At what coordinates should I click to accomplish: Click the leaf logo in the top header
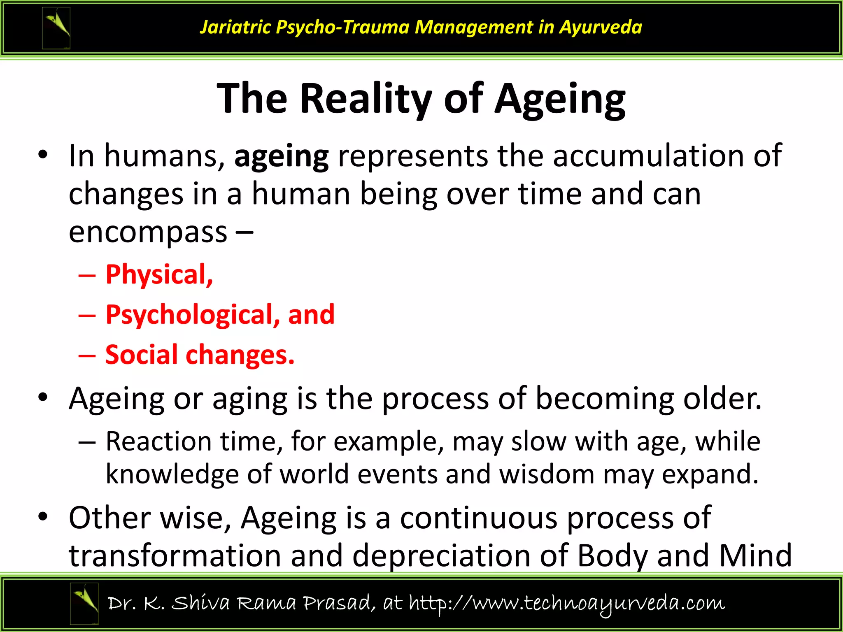pyautogui.click(x=56, y=28)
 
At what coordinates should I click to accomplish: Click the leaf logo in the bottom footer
pyautogui.click(x=84, y=604)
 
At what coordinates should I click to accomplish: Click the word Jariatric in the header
pyautogui.click(x=235, y=27)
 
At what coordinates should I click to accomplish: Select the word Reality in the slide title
pyautogui.click(x=366, y=99)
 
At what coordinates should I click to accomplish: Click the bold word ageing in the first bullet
pyautogui.click(x=282, y=156)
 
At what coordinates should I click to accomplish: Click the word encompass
pyautogui.click(x=148, y=232)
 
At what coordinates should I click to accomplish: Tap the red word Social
pyautogui.click(x=141, y=355)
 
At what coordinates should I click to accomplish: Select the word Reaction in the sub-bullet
pyautogui.click(x=158, y=441)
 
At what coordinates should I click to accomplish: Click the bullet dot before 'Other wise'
pyautogui.click(x=43, y=517)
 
